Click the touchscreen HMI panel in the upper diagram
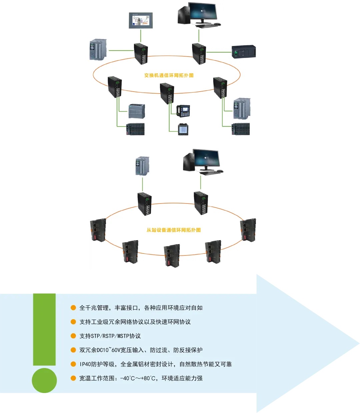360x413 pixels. (141, 20)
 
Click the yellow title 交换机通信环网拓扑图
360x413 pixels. (169, 75)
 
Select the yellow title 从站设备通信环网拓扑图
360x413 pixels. (174, 230)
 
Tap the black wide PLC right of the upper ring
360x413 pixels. (244, 52)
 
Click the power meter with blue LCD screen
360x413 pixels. (183, 129)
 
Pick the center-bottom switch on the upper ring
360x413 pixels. (167, 94)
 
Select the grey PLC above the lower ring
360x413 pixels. (142, 166)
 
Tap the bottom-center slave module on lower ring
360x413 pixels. (172, 256)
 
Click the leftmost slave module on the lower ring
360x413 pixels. (98, 230)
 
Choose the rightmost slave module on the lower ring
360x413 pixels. (248, 230)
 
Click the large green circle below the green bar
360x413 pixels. (44, 380)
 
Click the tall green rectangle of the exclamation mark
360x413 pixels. (44, 329)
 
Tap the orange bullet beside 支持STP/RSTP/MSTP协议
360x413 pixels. (73, 336)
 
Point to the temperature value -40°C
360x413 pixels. (127, 378)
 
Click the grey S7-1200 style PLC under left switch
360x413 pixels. (137, 111)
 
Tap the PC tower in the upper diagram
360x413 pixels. (184, 15)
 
